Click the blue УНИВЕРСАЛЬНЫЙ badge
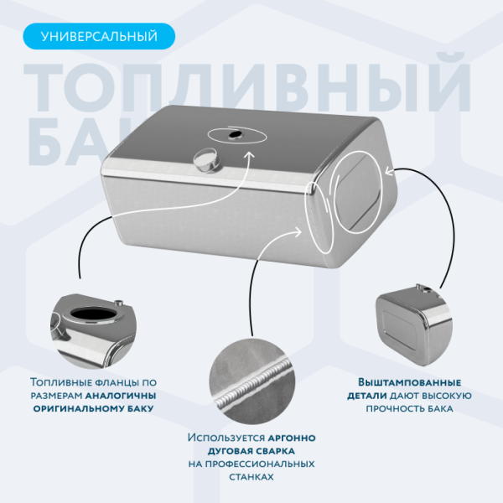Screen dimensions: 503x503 (99, 36)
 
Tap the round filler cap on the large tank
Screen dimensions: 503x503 (205, 158)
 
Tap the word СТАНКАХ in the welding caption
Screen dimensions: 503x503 (251, 476)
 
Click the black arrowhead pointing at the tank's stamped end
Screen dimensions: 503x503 (387, 173)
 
